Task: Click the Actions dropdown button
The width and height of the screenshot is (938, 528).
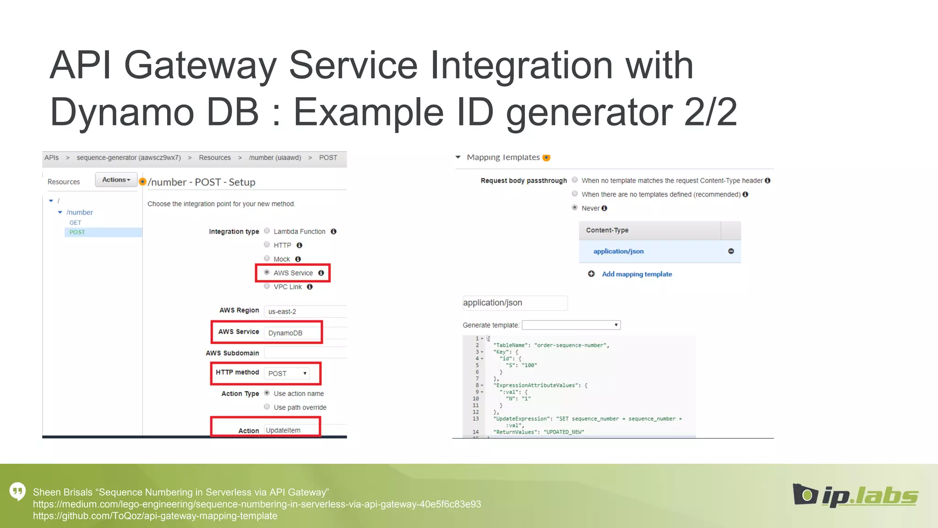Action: (x=116, y=180)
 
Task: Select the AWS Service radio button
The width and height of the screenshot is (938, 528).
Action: (x=267, y=272)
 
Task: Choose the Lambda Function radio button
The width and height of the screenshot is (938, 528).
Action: (x=267, y=231)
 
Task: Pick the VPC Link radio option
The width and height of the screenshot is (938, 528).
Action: (x=267, y=286)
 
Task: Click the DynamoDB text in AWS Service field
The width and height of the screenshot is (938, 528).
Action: (x=285, y=333)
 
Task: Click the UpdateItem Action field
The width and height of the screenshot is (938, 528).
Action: (x=284, y=430)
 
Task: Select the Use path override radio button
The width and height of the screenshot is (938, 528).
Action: (x=267, y=407)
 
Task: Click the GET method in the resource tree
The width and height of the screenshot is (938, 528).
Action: (x=75, y=223)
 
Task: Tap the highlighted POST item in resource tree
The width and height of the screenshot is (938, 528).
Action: (x=77, y=232)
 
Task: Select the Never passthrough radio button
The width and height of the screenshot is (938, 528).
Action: (x=575, y=208)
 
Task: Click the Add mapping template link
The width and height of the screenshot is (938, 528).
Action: (x=637, y=274)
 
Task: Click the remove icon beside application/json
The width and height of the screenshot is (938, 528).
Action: (x=731, y=251)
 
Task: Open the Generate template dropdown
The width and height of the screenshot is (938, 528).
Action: (x=571, y=325)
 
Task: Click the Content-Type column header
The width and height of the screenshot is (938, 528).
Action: (x=607, y=230)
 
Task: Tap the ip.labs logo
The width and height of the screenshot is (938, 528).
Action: (x=855, y=495)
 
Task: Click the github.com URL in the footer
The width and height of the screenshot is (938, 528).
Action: (x=155, y=516)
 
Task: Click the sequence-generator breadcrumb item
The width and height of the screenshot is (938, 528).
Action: (x=129, y=158)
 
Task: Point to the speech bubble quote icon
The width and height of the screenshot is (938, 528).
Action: (x=18, y=492)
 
